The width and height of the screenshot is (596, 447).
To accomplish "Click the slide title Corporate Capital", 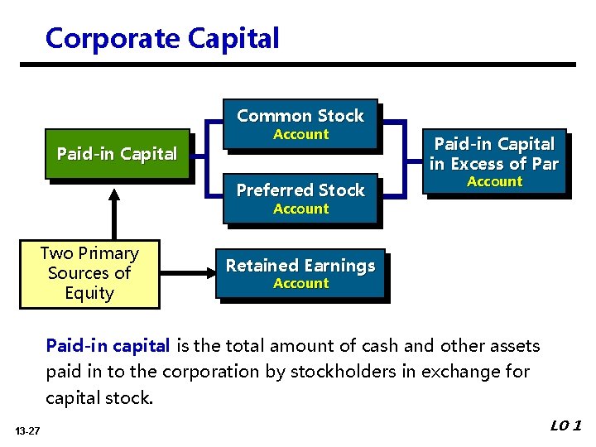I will (162, 38).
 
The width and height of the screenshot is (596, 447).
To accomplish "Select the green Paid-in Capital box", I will (117, 154).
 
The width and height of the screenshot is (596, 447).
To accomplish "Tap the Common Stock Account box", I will (300, 124).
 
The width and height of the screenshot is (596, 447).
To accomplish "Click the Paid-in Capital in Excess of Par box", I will (493, 162).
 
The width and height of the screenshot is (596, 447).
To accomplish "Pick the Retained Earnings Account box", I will (300, 273).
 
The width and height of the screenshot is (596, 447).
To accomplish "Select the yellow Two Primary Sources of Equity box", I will (89, 273).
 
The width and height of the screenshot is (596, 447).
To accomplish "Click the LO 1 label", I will (566, 426).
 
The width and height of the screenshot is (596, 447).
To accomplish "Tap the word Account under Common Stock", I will (300, 134).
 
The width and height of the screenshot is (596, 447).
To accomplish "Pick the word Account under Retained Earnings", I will (300, 283).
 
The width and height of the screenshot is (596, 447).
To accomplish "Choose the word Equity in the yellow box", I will (89, 293).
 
